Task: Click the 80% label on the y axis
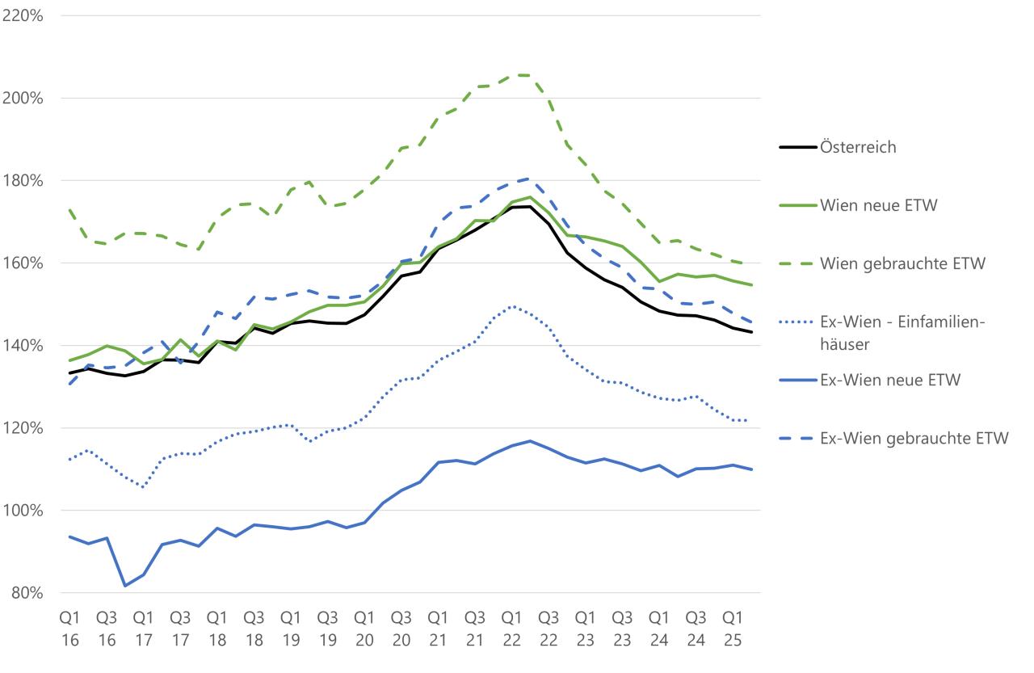26,592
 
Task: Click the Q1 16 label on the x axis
69,628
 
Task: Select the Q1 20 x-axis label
364,628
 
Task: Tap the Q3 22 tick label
548,628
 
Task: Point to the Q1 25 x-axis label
731,628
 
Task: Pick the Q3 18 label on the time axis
254,628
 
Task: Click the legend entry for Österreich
858,148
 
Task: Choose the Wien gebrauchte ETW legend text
902,264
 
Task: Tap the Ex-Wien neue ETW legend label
889,381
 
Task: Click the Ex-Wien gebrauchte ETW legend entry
914,438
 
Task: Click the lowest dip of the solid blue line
124,586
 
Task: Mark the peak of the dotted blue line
511,306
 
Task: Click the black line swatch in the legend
795,148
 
